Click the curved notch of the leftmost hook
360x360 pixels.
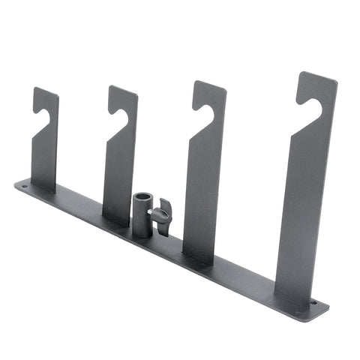pos(43,113)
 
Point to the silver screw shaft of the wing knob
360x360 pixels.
pos(153,214)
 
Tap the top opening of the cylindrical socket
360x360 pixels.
pos(142,196)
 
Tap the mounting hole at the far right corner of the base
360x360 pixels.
pos(313,303)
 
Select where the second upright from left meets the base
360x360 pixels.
pos(116,221)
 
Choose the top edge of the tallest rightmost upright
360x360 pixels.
pos(318,75)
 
